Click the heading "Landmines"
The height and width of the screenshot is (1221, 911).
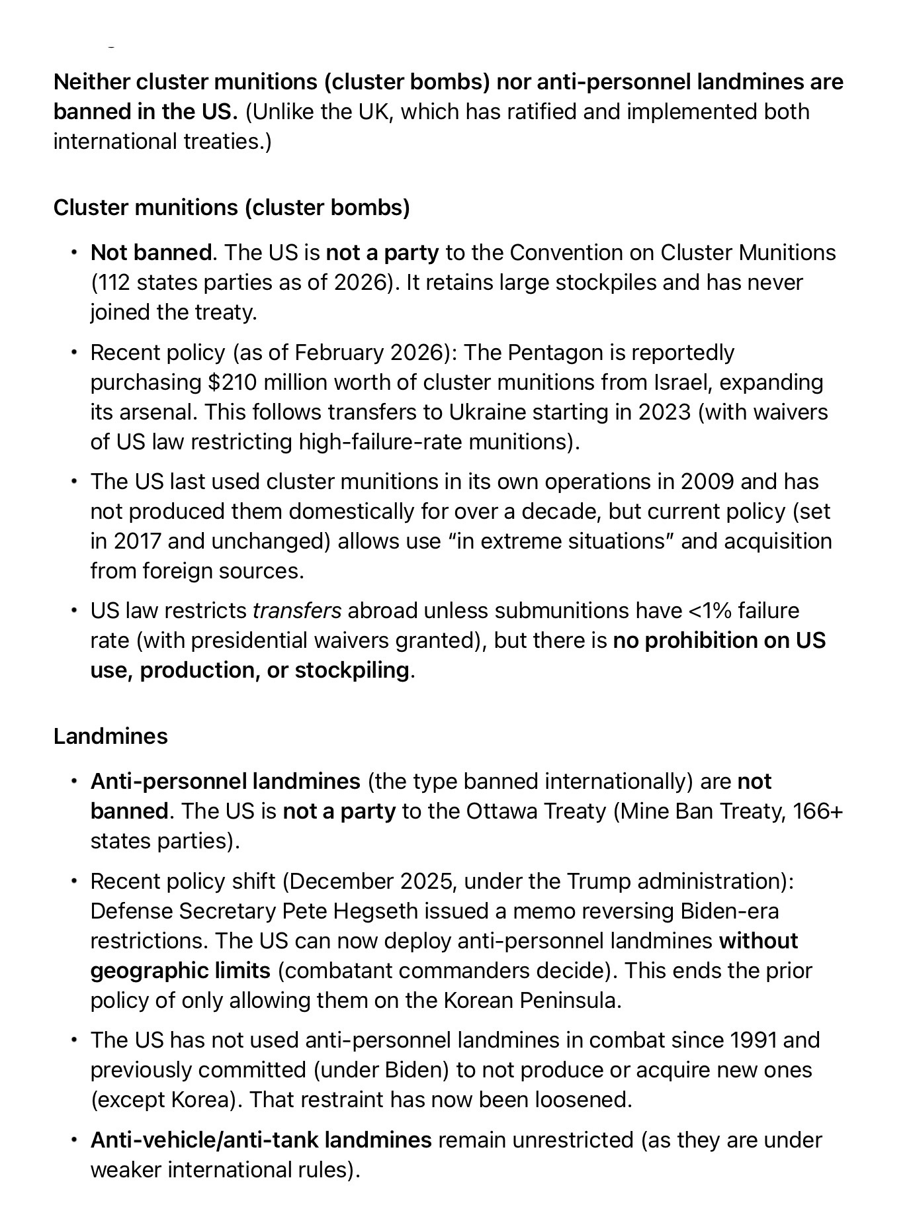coord(110,736)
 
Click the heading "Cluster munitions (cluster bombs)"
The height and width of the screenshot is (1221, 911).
coord(232,207)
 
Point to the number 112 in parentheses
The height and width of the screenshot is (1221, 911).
coord(111,283)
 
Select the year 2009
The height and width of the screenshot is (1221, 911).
coord(707,481)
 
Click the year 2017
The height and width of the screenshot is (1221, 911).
coord(137,541)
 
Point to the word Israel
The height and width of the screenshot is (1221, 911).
coord(682,382)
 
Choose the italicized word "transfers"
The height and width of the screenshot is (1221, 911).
coord(297,610)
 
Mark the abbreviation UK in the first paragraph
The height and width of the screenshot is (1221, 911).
coord(375,111)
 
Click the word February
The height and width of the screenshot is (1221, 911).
coord(339,352)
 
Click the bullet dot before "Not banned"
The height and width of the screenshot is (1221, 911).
coord(75,253)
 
